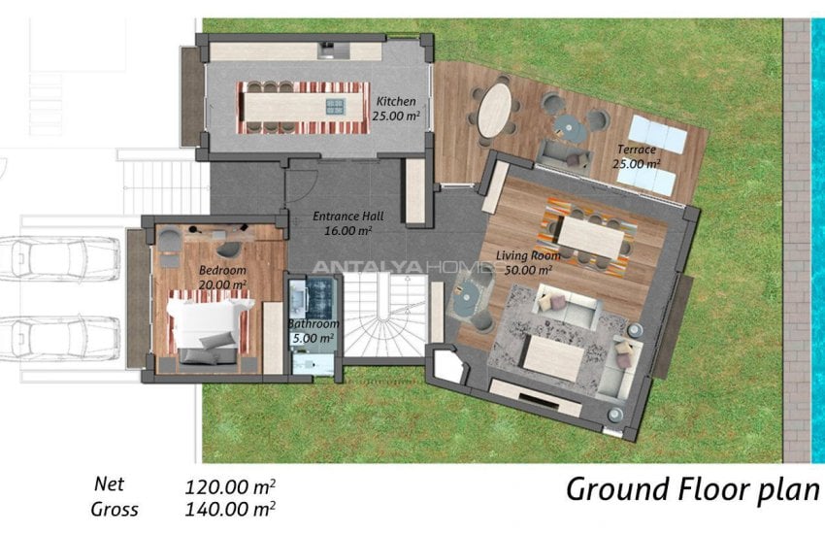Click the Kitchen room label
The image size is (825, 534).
point(396,102)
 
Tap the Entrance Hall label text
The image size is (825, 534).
point(348,217)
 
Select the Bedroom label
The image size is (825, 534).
point(222,271)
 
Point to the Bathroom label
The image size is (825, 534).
point(313,324)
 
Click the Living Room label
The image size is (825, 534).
point(528,256)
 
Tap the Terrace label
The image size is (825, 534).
point(637,150)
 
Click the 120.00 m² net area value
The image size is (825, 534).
point(230,487)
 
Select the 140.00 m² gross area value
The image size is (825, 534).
point(230,510)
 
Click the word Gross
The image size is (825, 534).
point(115,510)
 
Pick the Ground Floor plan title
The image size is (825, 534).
point(693,489)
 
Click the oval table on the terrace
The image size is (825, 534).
point(494,111)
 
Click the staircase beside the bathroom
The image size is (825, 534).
point(384,315)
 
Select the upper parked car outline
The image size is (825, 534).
point(59,259)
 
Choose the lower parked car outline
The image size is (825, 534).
point(59,337)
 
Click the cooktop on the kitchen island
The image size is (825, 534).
point(336,106)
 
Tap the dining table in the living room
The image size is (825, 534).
point(591,237)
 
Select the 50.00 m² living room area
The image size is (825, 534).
point(528,271)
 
